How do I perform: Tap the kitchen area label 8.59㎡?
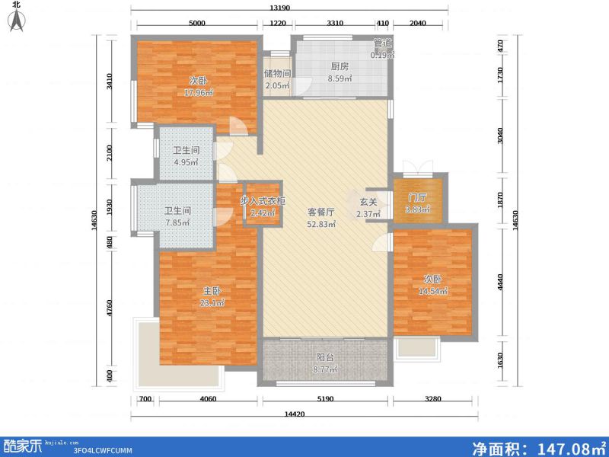(339, 78)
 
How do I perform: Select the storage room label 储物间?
(278, 74)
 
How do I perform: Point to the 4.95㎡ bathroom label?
(186, 161)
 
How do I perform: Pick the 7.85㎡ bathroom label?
(177, 222)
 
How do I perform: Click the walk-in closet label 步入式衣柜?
(263, 201)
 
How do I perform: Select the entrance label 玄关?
(368, 202)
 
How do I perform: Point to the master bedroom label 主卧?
(212, 291)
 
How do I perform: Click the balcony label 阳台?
(325, 358)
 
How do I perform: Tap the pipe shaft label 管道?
(383, 44)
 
